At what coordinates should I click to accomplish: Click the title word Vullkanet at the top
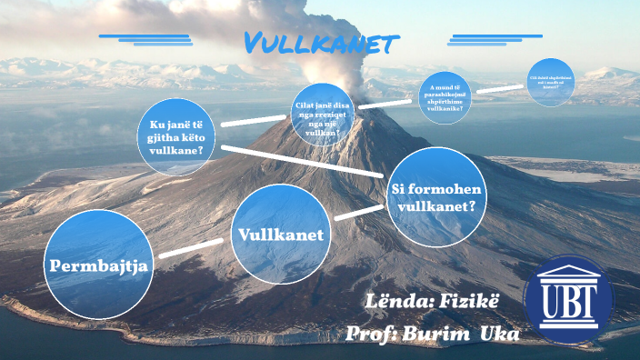tap(321, 43)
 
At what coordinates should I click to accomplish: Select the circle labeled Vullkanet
tap(280, 234)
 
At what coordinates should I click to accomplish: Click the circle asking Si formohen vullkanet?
tap(433, 196)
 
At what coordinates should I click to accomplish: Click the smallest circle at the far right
tap(550, 83)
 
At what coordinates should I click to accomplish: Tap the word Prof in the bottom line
tap(368, 334)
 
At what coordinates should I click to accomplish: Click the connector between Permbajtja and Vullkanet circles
tap(192, 249)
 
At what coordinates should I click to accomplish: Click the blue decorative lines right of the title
tap(496, 39)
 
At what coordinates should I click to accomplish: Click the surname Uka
tap(499, 334)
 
